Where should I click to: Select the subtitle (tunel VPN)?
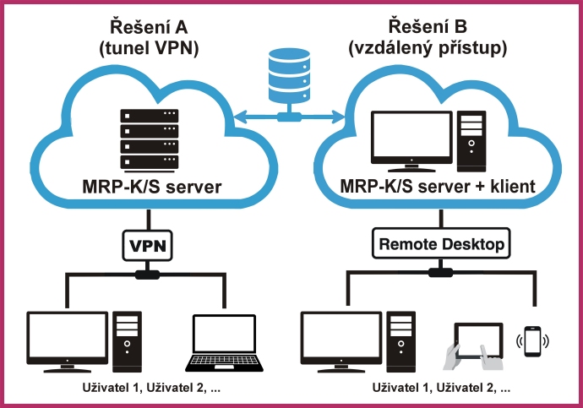click(x=149, y=48)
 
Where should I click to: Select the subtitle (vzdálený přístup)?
click(x=428, y=48)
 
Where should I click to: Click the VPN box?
click(x=149, y=245)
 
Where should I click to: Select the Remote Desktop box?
click(x=441, y=245)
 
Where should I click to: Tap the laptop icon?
click(x=224, y=342)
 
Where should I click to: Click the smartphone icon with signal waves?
click(x=532, y=340)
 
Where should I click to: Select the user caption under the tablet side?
click(x=441, y=389)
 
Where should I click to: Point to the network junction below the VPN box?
click(x=149, y=274)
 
